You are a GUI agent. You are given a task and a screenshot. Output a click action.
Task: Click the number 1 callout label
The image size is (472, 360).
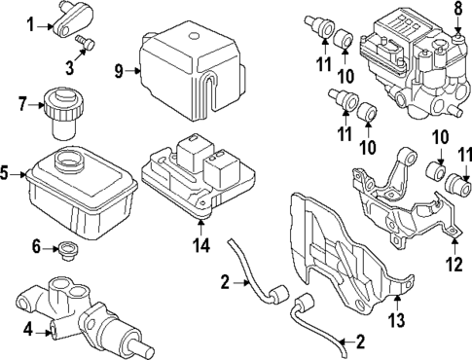tap(30, 23)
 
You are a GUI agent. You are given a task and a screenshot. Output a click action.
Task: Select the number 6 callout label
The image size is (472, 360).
tap(37, 247)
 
